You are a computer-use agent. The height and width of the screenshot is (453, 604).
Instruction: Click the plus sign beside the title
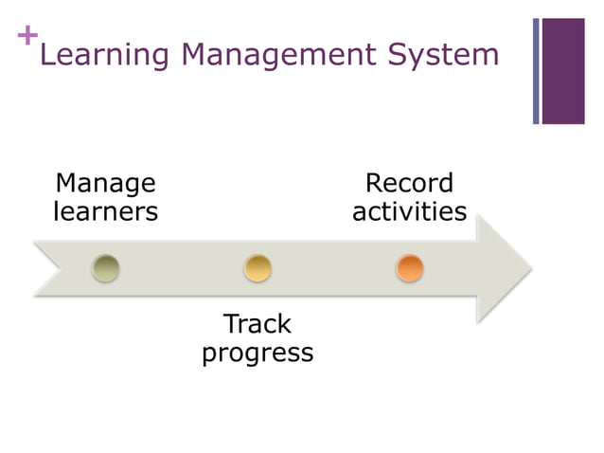coord(27,36)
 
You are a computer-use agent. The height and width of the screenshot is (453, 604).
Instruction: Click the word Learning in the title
coord(105,55)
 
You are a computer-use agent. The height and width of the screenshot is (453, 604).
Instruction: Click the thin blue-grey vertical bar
coord(536,71)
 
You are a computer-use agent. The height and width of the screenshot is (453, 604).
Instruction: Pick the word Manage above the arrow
coord(105,183)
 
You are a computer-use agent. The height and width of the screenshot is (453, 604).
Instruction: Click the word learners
coord(105,210)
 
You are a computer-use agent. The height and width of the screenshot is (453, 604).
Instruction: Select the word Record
coord(409,183)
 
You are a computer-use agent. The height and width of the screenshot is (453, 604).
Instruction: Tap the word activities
coord(409,210)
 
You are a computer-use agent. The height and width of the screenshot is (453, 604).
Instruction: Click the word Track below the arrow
coord(258,324)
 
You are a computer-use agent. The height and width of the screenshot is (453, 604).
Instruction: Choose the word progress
coord(258,353)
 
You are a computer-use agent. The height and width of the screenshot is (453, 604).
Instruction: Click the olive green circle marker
coord(106,268)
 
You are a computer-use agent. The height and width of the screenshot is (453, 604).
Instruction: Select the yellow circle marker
coord(258,268)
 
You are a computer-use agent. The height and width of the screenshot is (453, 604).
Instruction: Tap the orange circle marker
coord(409,268)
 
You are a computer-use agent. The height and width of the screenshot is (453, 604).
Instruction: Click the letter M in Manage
coord(65,183)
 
